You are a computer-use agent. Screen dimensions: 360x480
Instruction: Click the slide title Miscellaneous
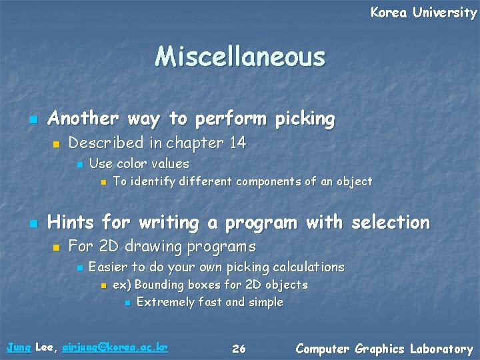click(x=240, y=57)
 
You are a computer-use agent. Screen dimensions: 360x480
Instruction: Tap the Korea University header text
click(x=423, y=13)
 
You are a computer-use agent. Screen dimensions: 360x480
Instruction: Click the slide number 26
click(x=239, y=349)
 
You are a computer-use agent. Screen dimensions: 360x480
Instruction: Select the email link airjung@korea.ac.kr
click(x=114, y=347)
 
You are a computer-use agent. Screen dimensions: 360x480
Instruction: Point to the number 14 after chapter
click(x=237, y=143)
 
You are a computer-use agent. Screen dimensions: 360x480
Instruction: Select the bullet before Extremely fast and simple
click(x=127, y=303)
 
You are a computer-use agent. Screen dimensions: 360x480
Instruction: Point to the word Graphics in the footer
click(x=380, y=349)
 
